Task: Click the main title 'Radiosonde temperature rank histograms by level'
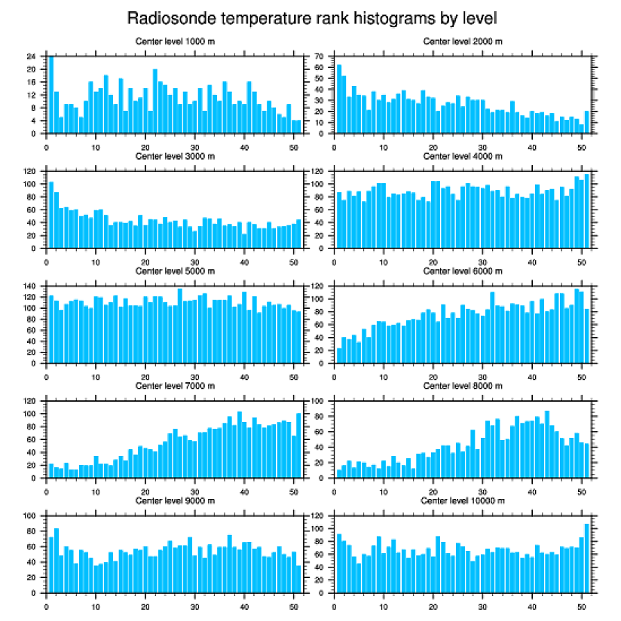click(x=311, y=17)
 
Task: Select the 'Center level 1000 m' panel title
click(x=174, y=41)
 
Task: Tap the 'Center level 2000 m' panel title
click(x=463, y=41)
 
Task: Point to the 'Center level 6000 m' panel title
click(x=463, y=271)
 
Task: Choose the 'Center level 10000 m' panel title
click(x=463, y=500)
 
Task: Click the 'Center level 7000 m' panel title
click(x=174, y=386)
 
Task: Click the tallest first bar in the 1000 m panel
click(x=51, y=94)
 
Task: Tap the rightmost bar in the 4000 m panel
click(x=586, y=211)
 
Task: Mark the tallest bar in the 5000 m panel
click(x=180, y=326)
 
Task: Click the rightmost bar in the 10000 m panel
click(x=586, y=558)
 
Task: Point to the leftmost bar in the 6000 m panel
click(x=339, y=355)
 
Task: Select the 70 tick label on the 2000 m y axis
click(x=319, y=57)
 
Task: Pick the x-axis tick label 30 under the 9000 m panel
click(x=195, y=606)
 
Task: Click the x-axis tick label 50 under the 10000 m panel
click(x=581, y=606)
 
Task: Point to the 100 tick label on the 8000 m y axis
click(x=317, y=402)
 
